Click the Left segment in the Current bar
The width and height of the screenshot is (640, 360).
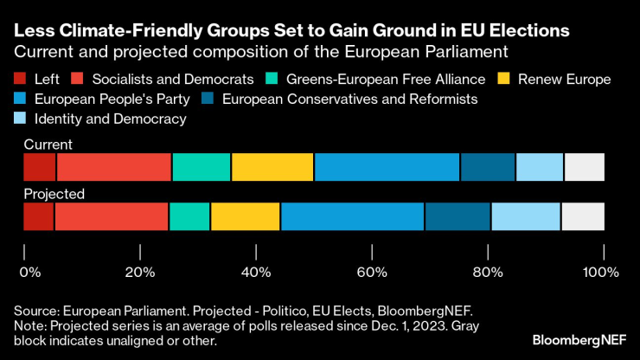[x=40, y=166]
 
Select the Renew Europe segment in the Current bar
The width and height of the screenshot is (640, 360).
[x=272, y=166]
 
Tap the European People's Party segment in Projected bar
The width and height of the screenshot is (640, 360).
[x=352, y=216]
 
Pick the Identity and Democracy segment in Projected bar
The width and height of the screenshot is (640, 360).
[x=526, y=216]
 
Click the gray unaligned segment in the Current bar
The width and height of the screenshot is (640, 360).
[x=585, y=166]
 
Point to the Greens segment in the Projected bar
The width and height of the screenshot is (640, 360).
[x=189, y=216]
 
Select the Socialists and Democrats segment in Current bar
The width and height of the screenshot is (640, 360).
[x=114, y=166]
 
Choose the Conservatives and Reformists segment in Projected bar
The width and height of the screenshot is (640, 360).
[x=458, y=216]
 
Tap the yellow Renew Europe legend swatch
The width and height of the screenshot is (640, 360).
[x=502, y=80]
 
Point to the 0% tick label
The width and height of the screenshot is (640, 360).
[x=30, y=272]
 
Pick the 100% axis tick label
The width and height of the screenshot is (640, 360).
[x=601, y=272]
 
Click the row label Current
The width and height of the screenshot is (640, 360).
[x=48, y=145]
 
